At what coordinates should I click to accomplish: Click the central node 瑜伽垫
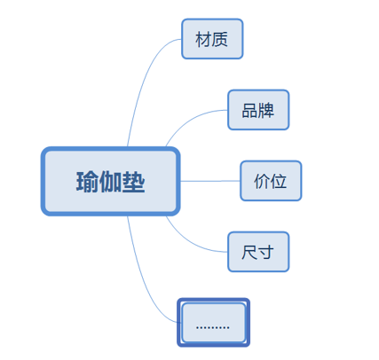tap(111, 181)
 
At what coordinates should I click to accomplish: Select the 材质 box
tap(212, 39)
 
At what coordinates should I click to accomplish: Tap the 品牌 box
tap(258, 110)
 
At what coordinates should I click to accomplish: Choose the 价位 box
tap(271, 181)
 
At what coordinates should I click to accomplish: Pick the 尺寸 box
tap(258, 252)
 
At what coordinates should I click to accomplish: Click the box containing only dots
tap(213, 323)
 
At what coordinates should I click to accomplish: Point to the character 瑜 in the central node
tap(88, 182)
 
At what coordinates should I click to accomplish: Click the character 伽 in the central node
tap(110, 182)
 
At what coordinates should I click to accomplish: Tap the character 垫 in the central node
tap(133, 182)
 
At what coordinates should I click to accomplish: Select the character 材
tap(203, 39)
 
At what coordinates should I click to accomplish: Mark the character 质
tap(220, 39)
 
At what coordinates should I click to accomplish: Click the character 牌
tap(266, 110)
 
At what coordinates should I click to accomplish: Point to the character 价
tap(262, 181)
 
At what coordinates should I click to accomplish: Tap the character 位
tap(279, 181)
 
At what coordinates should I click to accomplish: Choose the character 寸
tap(266, 252)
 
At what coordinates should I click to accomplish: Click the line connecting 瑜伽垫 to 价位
tap(210, 181)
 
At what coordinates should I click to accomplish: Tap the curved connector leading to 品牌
tap(189, 118)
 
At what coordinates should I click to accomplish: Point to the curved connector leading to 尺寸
tap(189, 243)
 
